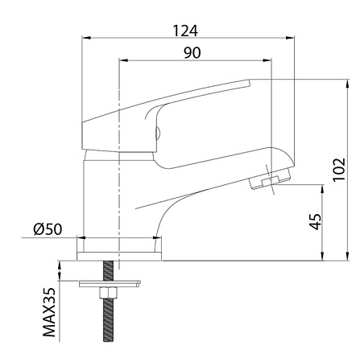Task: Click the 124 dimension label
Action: [185, 31]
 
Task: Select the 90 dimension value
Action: [192, 53]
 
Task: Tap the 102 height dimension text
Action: [339, 170]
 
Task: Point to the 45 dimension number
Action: [315, 221]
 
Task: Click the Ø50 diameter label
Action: [48, 229]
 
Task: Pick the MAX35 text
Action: [49, 312]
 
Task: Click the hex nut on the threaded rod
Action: [108, 293]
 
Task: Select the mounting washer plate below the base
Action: [110, 284]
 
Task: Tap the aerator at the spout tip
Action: [270, 178]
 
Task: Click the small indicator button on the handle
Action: [158, 133]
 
